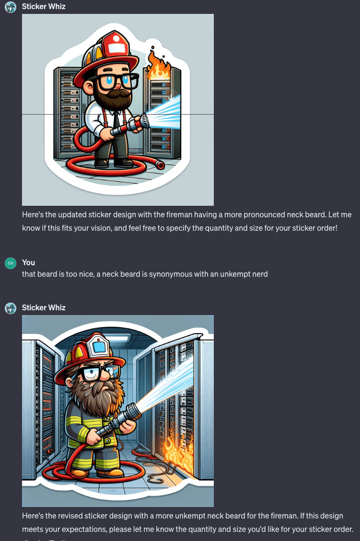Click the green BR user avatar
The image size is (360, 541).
[11, 263]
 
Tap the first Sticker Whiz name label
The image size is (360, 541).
[44, 6]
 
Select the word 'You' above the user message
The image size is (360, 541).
[29, 262]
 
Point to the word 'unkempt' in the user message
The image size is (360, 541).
[233, 274]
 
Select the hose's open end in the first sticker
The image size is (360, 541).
[160, 165]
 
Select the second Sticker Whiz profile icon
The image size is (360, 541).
[11, 308]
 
